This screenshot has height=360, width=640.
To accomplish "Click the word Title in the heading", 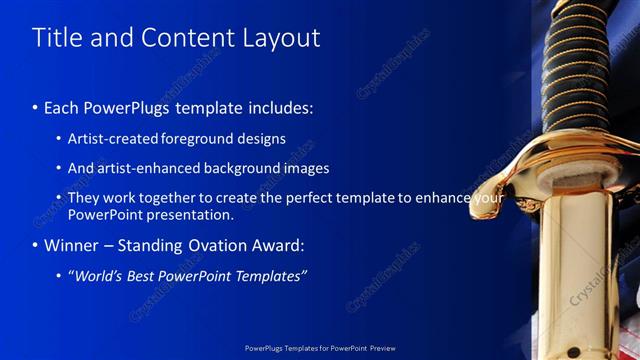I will pos(57,38).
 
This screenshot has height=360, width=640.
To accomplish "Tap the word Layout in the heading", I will pos(283,38).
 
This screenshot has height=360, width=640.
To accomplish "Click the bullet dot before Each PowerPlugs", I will pos(36,107).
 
